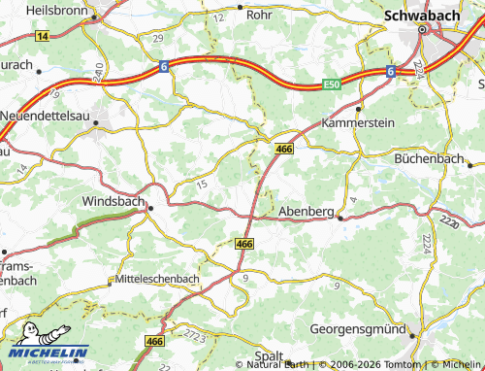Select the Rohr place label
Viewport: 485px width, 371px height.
coord(260,15)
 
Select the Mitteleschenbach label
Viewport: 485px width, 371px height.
coord(157,279)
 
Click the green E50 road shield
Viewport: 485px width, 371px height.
coord(332,85)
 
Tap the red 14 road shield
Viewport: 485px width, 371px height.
coord(41,35)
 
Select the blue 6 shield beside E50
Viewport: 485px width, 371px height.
coord(389,72)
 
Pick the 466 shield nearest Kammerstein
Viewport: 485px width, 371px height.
coord(283,149)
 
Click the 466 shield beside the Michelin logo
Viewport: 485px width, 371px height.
coord(153,342)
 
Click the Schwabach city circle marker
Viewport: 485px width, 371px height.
coord(423,30)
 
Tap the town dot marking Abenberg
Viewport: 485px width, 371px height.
coord(339,219)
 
